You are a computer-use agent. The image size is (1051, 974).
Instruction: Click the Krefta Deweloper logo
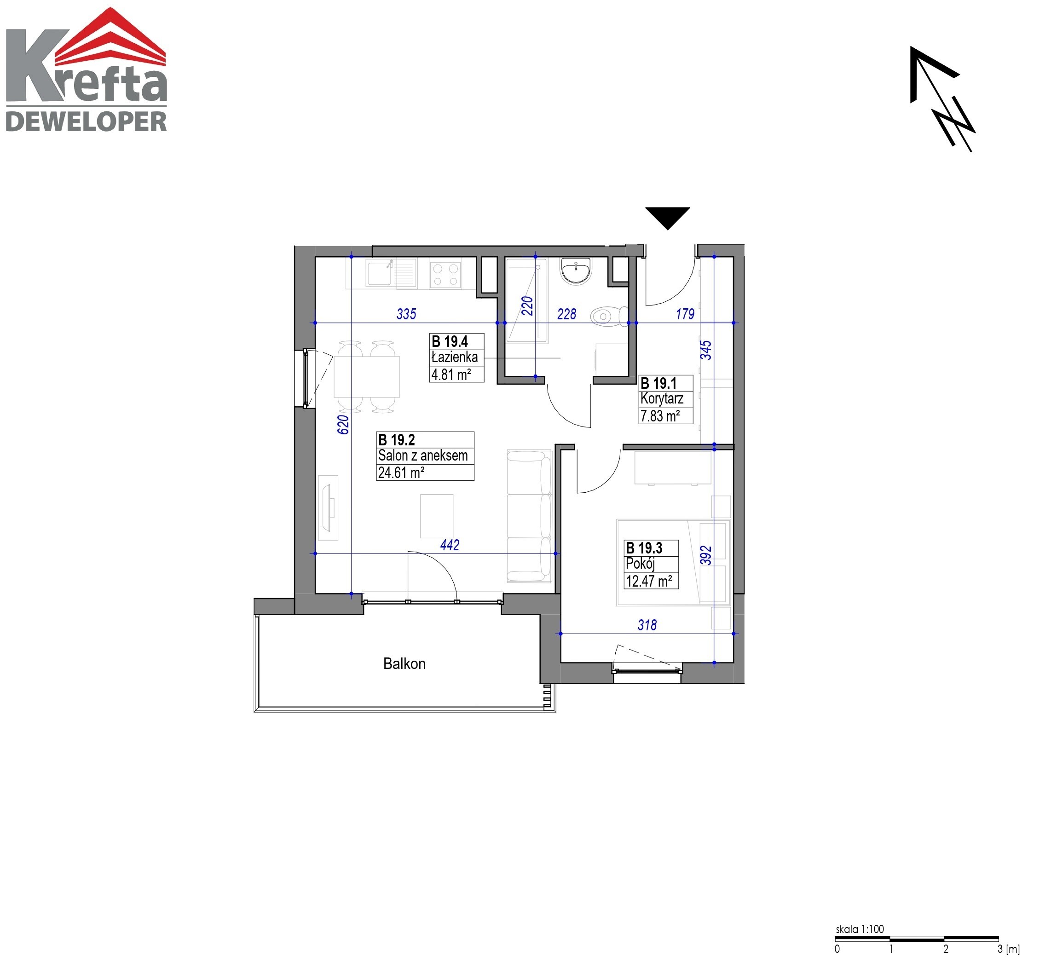(87, 69)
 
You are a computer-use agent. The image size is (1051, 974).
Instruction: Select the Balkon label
(404, 663)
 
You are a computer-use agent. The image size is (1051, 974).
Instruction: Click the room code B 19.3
(644, 548)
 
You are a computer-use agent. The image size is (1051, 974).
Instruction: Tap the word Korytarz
(662, 399)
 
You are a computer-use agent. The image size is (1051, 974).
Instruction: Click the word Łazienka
(454, 357)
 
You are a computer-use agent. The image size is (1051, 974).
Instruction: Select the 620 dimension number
(343, 424)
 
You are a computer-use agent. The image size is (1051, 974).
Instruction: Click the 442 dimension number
(450, 545)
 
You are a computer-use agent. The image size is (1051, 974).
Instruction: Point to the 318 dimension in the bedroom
(647, 625)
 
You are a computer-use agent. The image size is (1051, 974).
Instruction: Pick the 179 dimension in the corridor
(685, 314)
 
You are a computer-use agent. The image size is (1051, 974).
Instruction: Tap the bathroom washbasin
(576, 271)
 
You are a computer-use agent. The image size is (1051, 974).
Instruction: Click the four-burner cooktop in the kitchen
(445, 275)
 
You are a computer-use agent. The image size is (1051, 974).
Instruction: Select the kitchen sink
(391, 274)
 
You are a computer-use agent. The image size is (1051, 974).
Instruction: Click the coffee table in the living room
(436, 516)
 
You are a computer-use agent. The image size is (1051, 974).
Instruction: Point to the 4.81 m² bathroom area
(451, 375)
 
